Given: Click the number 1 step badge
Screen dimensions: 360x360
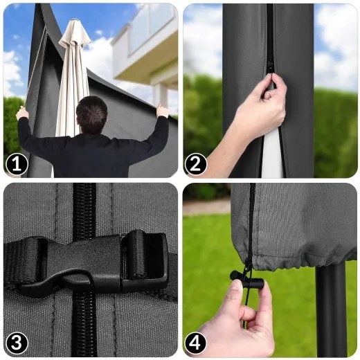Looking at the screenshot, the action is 17,165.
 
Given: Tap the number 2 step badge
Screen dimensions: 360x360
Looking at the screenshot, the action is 195,165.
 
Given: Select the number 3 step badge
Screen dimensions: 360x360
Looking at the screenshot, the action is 17,343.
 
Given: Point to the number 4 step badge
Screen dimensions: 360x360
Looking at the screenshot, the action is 195,343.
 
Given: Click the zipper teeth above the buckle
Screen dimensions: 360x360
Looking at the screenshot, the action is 84,210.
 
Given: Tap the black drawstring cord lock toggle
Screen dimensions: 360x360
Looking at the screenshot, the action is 247,278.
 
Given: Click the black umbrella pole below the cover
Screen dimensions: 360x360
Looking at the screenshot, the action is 331,312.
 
